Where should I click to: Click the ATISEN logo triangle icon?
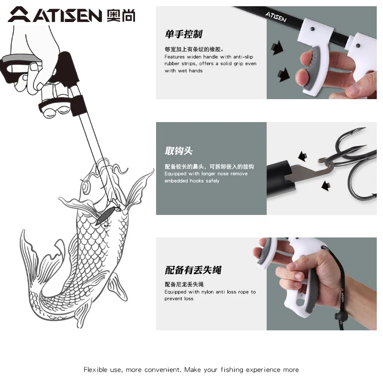[19, 15]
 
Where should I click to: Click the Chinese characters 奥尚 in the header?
[121, 16]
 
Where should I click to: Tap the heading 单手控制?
[183, 34]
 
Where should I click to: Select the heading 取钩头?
[179, 151]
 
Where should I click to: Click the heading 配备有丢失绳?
[193, 270]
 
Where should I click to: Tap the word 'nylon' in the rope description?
[207, 292]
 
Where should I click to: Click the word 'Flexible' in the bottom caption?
[95, 370]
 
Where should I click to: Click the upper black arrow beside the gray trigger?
[277, 47]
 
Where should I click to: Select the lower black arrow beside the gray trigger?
[283, 75]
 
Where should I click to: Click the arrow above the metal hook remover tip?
[303, 156]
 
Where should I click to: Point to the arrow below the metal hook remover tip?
[326, 186]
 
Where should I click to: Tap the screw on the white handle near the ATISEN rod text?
[312, 29]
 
